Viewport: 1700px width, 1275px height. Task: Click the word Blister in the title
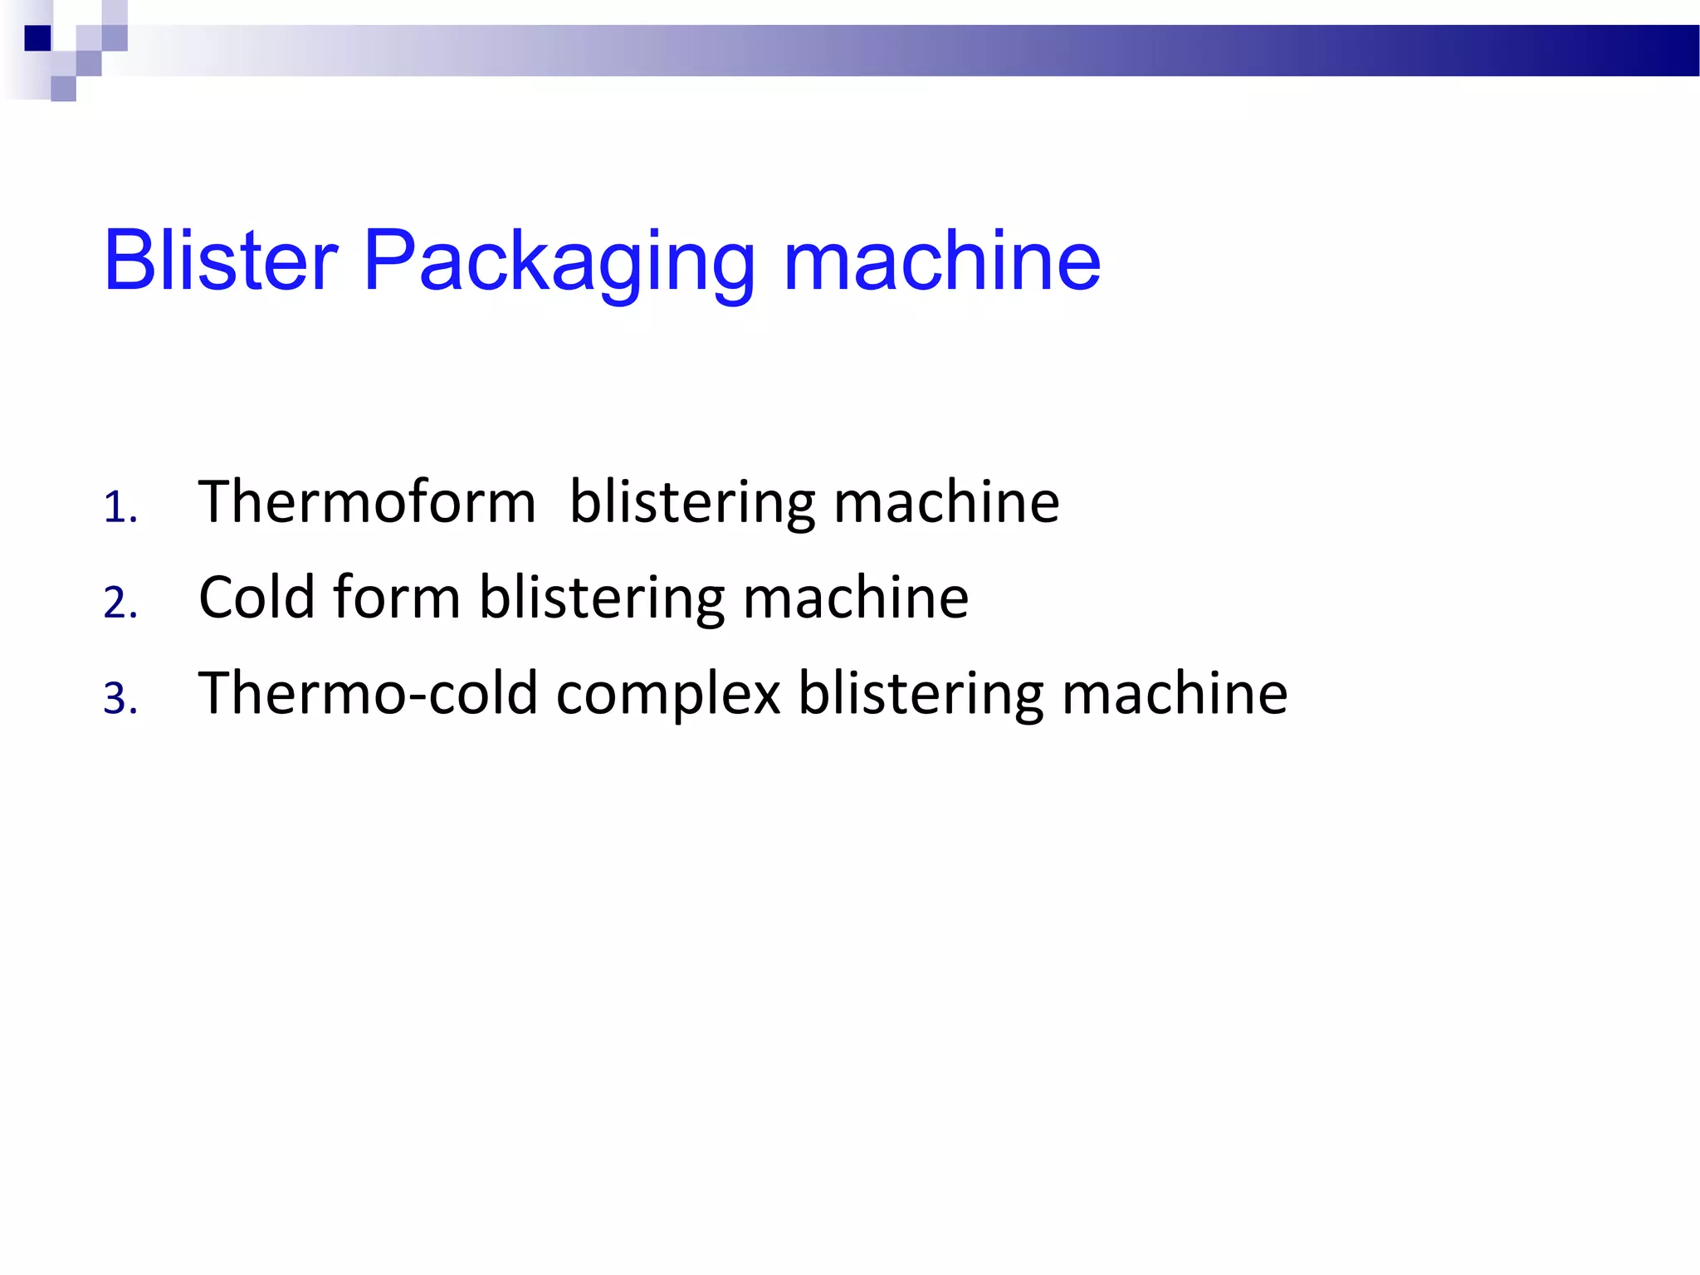click(x=221, y=261)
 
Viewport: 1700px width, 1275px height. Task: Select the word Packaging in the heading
click(x=559, y=264)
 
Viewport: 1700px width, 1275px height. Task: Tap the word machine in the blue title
click(x=941, y=261)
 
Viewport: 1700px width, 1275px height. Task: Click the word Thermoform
click(x=367, y=502)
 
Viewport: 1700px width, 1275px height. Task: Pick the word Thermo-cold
click(x=367, y=693)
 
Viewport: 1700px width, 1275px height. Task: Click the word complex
click(x=668, y=695)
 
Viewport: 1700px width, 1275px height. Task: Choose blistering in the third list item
click(x=921, y=695)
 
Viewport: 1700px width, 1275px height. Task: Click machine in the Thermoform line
click(x=946, y=502)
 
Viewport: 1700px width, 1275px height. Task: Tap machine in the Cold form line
click(x=856, y=598)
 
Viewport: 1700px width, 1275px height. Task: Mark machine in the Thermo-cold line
click(x=1175, y=693)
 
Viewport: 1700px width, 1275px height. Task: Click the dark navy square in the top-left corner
click(x=38, y=38)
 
